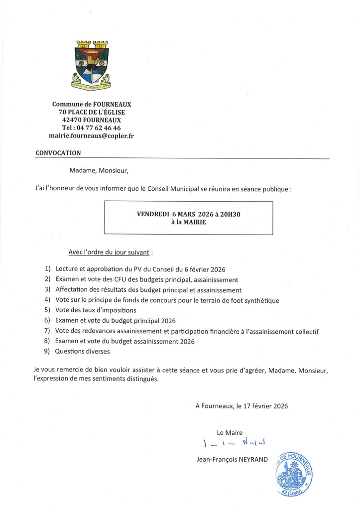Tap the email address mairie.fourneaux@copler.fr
click(92, 136)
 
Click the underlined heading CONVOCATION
click(58, 153)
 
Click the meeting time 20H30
click(231, 214)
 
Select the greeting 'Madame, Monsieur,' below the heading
click(99, 171)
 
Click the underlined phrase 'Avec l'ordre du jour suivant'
click(110, 253)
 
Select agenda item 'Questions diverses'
click(82, 352)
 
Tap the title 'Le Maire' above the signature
click(230, 433)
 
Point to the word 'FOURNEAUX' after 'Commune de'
click(113, 104)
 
